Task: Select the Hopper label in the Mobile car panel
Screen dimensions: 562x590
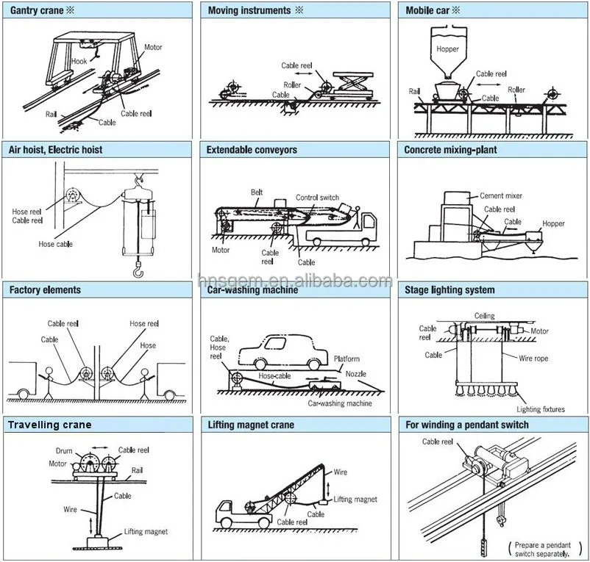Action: pos(447,49)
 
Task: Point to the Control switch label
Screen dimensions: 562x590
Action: pos(317,198)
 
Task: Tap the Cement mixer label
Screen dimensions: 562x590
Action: pos(500,196)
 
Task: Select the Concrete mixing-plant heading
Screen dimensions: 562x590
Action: pos(450,150)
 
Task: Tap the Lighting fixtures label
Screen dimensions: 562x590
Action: pos(540,409)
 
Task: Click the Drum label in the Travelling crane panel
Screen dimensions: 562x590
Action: pos(63,450)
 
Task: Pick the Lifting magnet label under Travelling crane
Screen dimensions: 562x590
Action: pos(146,532)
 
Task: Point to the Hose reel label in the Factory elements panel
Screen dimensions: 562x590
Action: pos(143,323)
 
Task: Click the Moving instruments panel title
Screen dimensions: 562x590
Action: pos(249,10)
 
